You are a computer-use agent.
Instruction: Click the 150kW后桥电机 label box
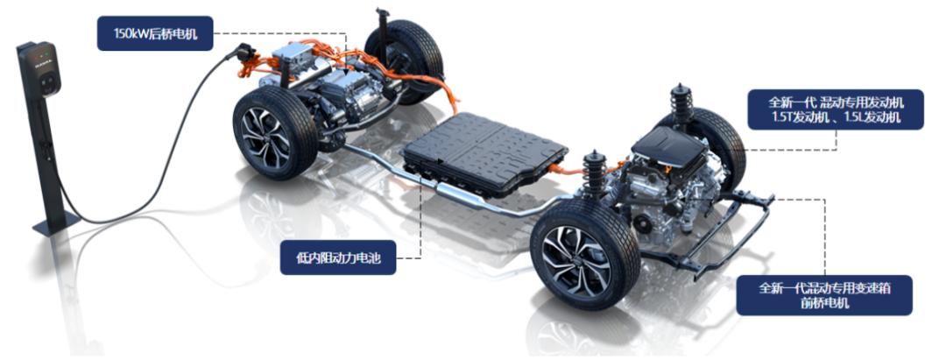155,33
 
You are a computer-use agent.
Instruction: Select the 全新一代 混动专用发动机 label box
836,109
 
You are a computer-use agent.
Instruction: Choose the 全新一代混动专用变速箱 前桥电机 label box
824,295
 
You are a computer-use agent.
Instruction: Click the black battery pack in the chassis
485,154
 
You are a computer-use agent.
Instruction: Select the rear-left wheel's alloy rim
265,138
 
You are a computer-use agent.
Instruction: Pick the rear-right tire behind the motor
406,53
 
